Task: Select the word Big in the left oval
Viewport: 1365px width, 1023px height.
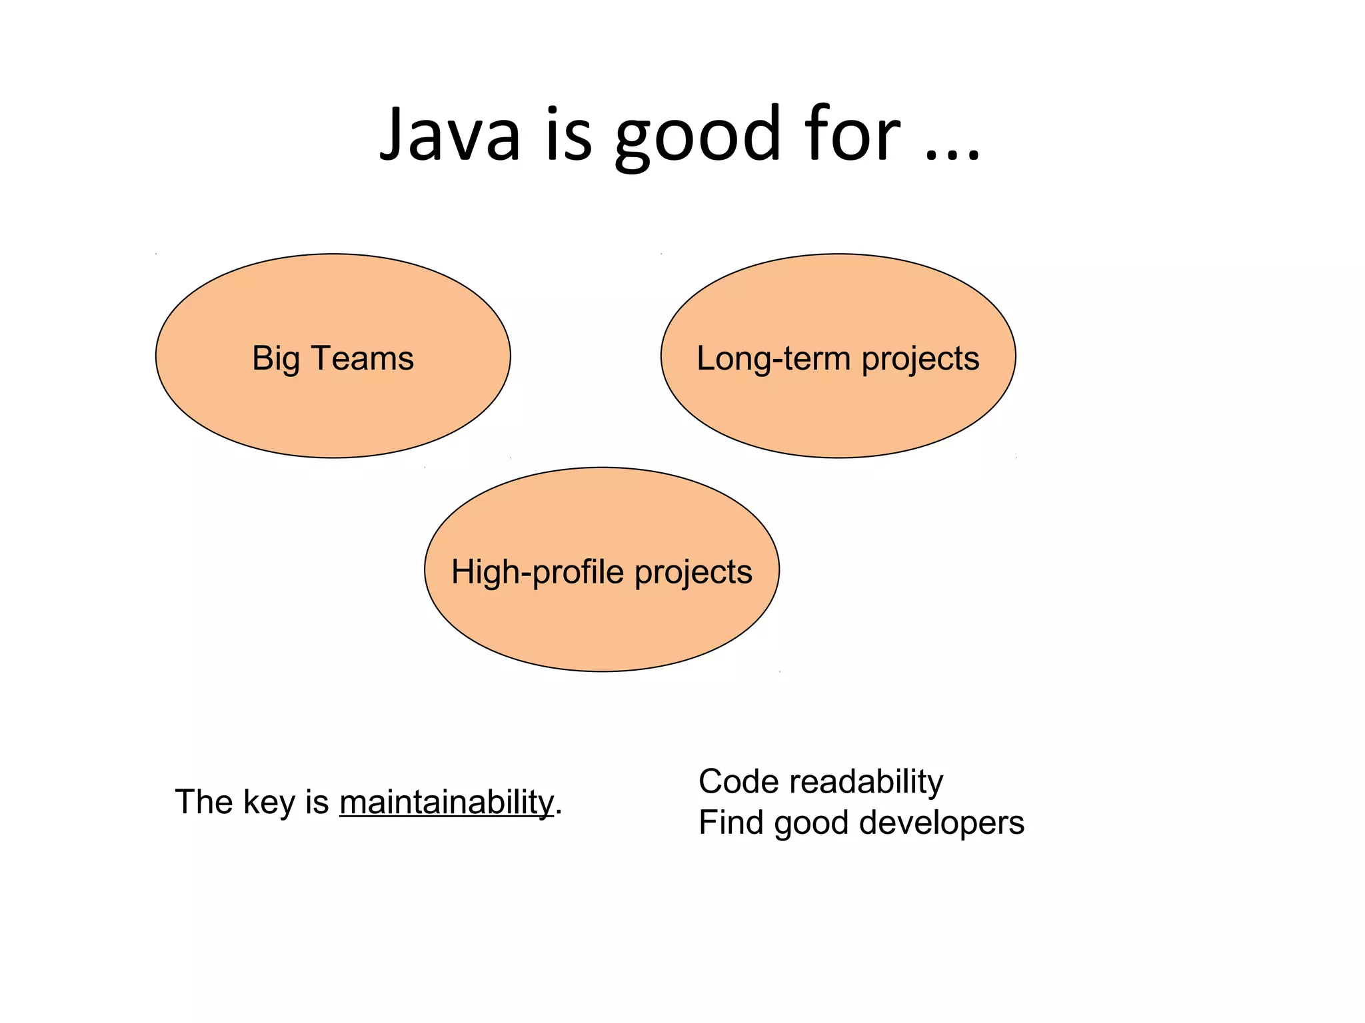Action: (275, 359)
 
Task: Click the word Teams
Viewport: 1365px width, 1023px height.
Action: (363, 358)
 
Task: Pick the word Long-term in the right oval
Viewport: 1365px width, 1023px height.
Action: (773, 358)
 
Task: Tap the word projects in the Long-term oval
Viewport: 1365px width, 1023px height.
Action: (920, 360)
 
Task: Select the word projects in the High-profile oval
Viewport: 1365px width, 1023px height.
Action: (693, 573)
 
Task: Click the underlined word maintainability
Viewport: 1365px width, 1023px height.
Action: (447, 802)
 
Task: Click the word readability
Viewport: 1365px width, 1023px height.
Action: (866, 782)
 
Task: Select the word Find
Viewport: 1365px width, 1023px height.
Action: (730, 823)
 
